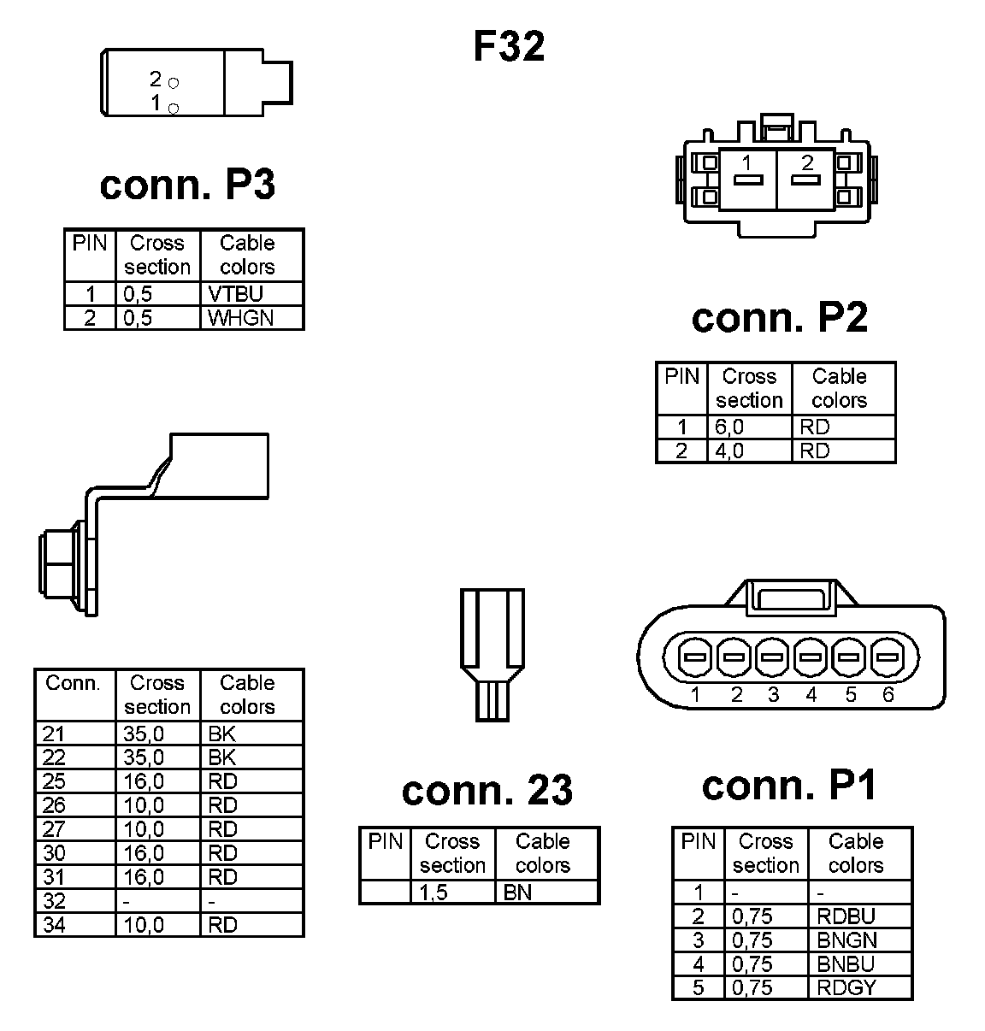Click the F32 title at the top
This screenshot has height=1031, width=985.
[x=509, y=46]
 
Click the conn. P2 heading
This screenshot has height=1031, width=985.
[x=779, y=317]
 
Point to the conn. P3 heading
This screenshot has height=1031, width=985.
[x=187, y=184]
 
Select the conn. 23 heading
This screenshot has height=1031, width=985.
[x=487, y=790]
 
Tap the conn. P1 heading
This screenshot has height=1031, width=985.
[x=789, y=785]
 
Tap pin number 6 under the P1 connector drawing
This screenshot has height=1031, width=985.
[x=888, y=695]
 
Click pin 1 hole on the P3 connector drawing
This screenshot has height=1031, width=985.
[x=174, y=108]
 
